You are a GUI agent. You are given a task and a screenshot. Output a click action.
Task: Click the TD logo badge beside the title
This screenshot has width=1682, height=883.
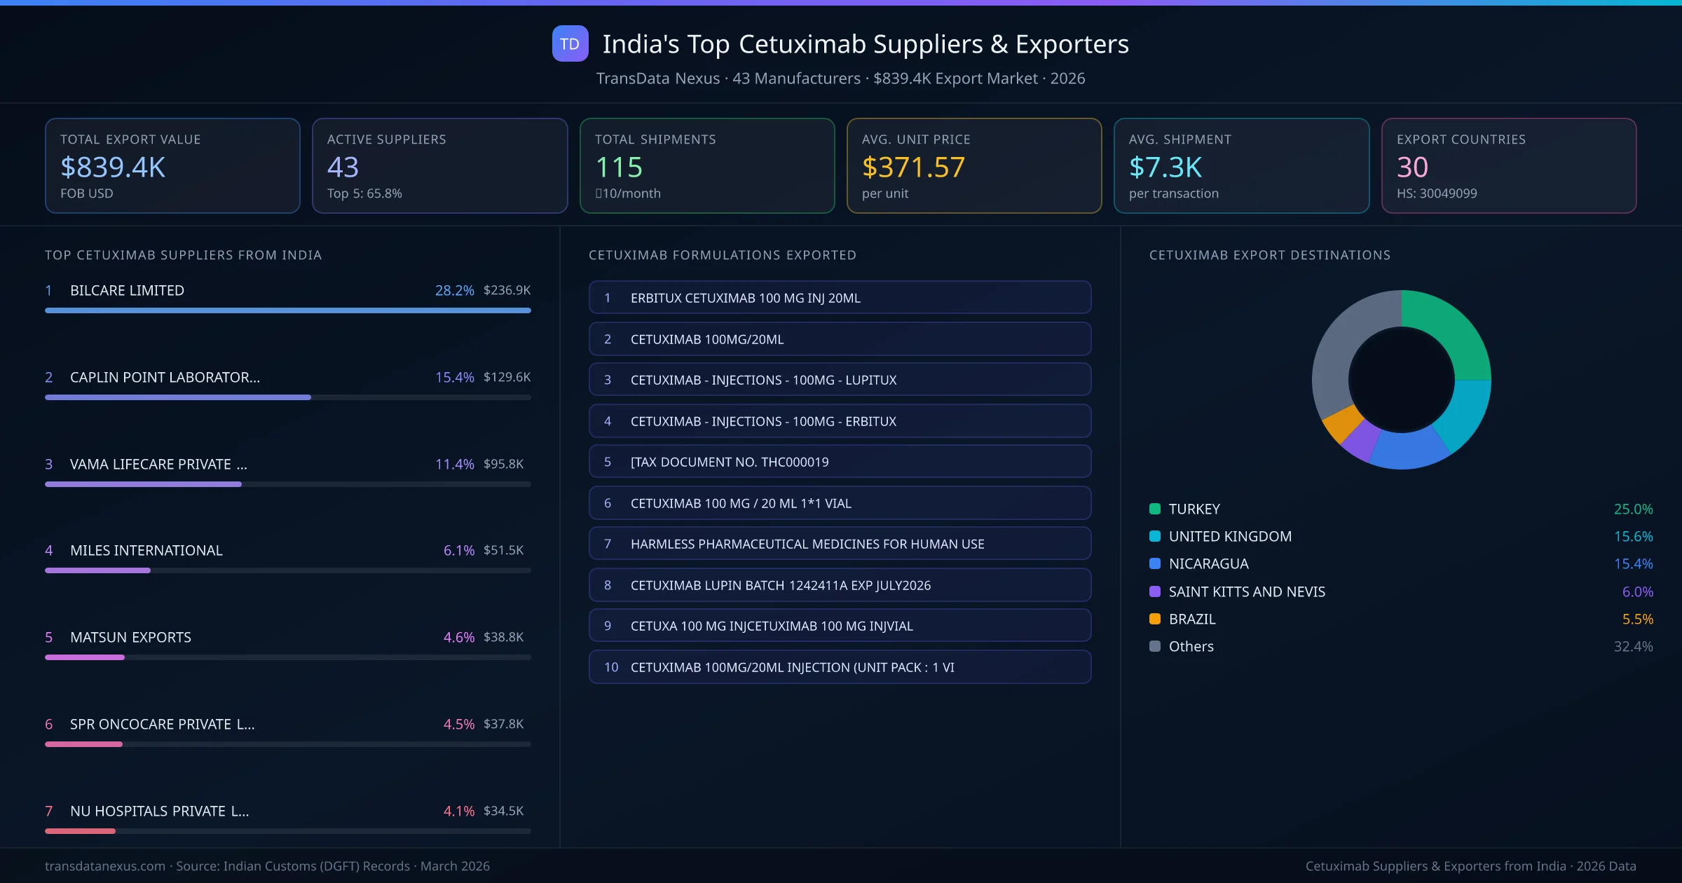570,44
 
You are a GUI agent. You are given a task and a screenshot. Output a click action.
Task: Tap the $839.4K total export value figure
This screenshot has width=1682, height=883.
113,167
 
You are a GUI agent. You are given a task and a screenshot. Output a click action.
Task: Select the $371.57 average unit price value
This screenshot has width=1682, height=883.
913,167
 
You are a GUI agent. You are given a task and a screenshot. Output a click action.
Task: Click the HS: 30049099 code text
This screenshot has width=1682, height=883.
1436,193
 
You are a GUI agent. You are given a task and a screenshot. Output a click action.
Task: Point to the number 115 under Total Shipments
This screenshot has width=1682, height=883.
618,167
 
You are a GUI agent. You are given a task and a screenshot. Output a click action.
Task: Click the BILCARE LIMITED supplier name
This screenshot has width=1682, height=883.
127,290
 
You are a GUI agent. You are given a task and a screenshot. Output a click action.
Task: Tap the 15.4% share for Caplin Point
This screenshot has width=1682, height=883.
454,377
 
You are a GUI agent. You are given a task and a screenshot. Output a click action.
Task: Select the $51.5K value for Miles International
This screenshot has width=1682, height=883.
503,550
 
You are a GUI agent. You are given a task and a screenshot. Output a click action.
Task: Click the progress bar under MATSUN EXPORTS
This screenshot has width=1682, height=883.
287,657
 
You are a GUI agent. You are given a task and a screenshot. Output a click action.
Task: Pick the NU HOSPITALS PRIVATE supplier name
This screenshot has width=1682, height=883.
159,811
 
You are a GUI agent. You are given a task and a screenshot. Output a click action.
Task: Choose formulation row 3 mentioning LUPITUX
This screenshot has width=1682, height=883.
840,380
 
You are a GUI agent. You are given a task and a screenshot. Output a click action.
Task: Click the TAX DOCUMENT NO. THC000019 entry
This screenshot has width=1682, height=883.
840,462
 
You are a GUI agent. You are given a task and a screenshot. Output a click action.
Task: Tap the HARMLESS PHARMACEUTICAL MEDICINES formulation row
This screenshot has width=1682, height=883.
840,544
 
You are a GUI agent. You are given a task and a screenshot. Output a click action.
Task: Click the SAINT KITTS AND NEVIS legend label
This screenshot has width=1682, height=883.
1247,591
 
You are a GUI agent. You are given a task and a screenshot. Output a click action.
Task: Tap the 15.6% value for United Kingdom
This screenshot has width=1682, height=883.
1633,536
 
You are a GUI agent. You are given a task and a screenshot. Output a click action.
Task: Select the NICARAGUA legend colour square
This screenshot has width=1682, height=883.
1155,563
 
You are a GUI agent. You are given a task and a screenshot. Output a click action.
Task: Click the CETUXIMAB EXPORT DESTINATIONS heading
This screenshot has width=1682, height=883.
1269,255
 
